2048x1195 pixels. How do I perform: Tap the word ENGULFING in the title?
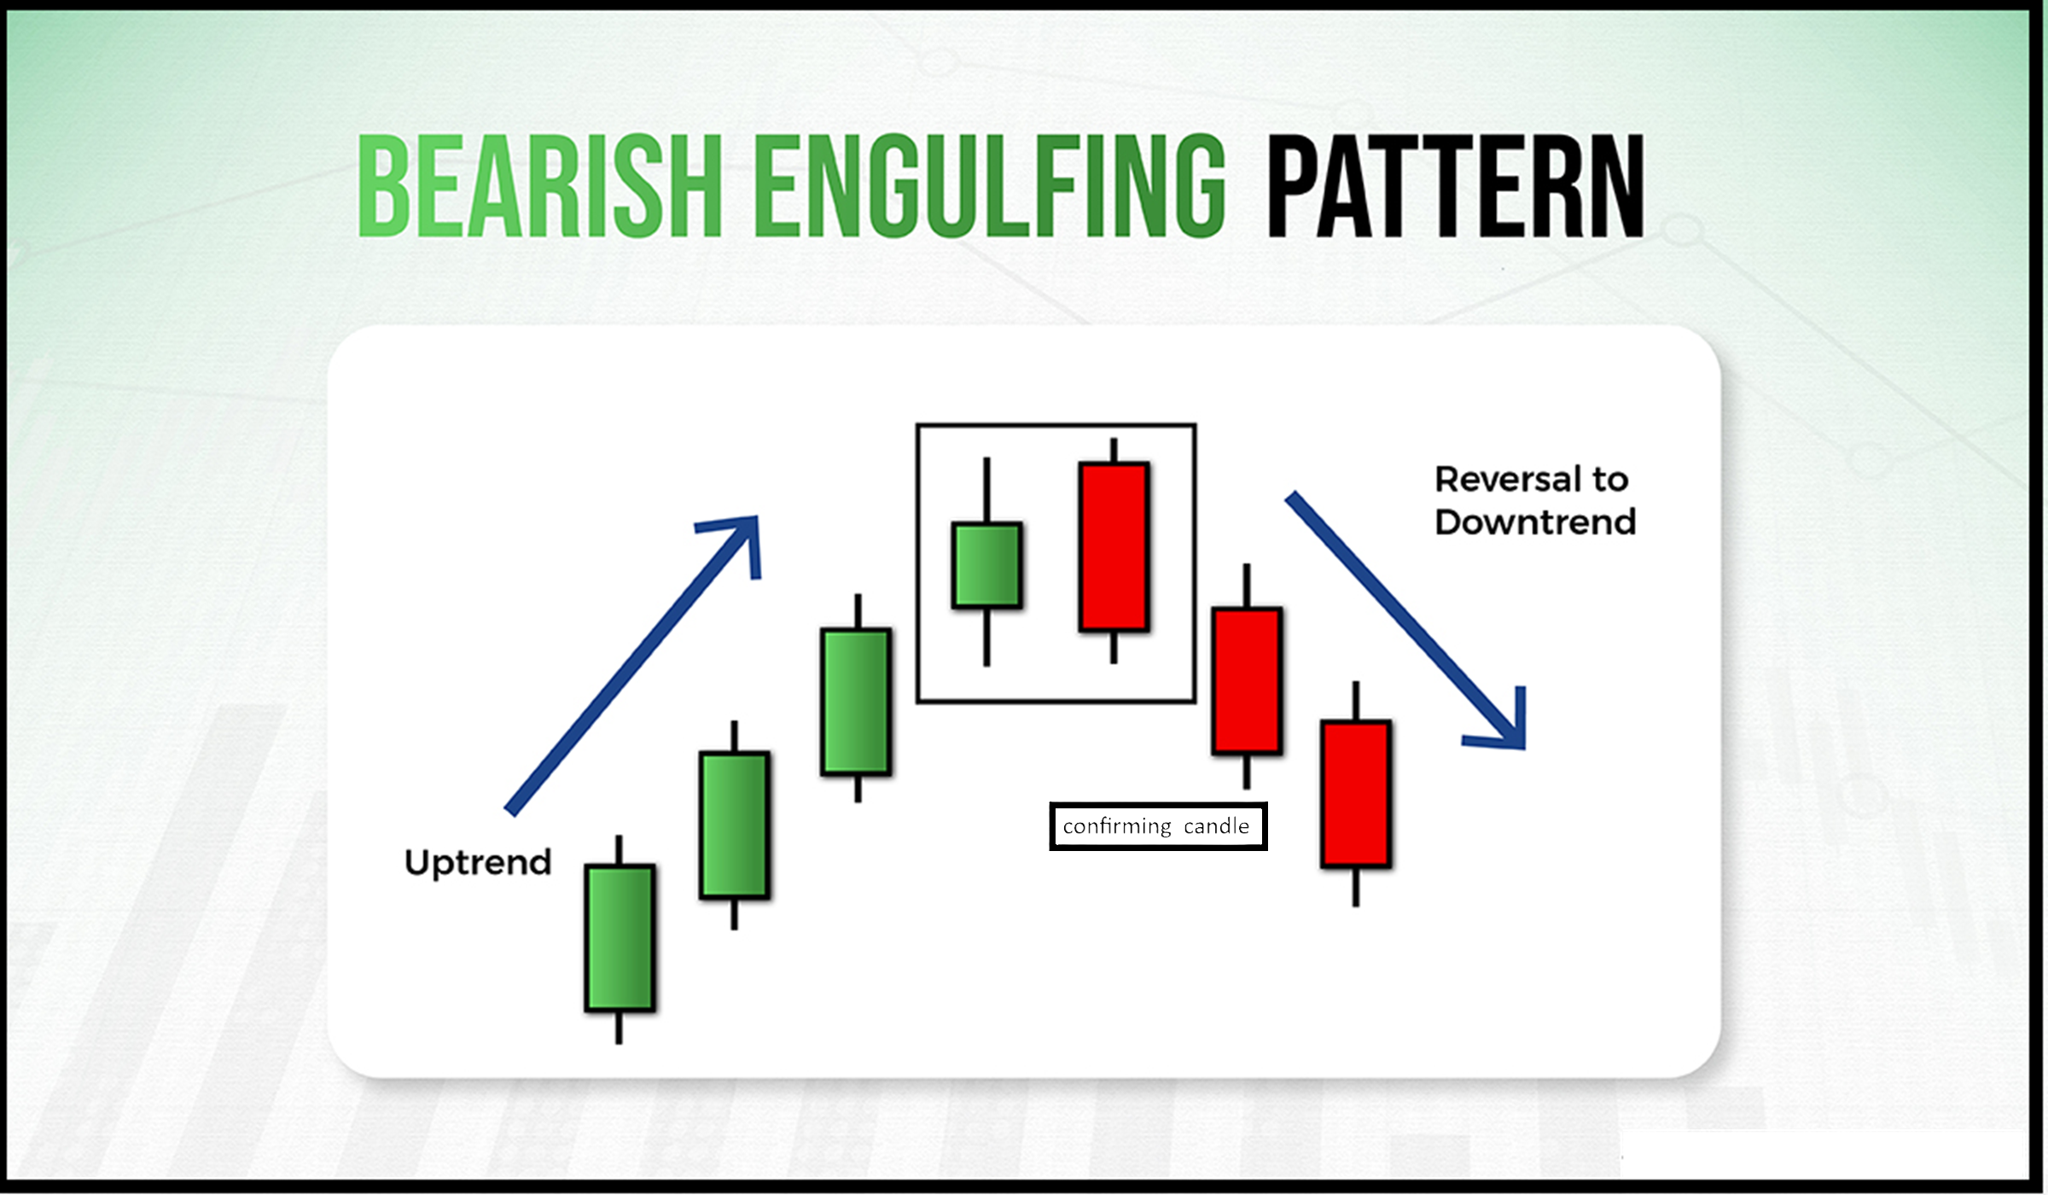pyautogui.click(x=991, y=185)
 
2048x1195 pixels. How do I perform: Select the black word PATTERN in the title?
pyautogui.click(x=1456, y=185)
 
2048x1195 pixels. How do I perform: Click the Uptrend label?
pyautogui.click(x=478, y=863)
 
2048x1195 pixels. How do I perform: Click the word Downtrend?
pyautogui.click(x=1535, y=522)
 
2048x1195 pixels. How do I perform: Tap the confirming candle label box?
pyautogui.click(x=1158, y=826)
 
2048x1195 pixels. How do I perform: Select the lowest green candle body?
pyautogui.click(x=620, y=938)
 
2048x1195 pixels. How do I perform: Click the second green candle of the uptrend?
pyautogui.click(x=735, y=825)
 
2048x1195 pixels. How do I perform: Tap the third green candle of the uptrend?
pyautogui.click(x=856, y=702)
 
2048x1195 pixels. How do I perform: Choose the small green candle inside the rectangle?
pyautogui.click(x=986, y=565)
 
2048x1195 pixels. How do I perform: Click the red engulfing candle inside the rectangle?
pyautogui.click(x=1114, y=547)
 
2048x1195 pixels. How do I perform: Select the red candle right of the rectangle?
pyautogui.click(x=1247, y=681)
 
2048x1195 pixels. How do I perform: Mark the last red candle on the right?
pyautogui.click(x=1356, y=795)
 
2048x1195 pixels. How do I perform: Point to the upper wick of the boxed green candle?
pyautogui.click(x=986, y=490)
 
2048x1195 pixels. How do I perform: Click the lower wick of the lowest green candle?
pyautogui.click(x=619, y=1028)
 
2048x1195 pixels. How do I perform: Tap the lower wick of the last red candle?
pyautogui.click(x=1355, y=888)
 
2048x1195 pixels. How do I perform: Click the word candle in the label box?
pyautogui.click(x=1216, y=826)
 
